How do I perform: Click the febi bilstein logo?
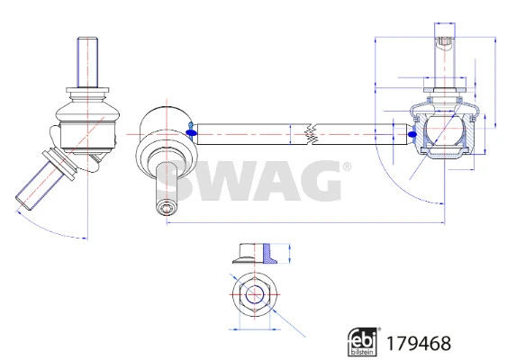(x=363, y=342)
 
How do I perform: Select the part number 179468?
(x=419, y=343)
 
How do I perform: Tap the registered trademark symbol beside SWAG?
(x=347, y=166)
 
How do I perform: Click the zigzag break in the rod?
(x=312, y=134)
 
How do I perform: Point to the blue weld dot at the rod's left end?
(x=191, y=132)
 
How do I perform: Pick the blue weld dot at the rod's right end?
(x=412, y=134)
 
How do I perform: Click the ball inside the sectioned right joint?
(x=445, y=130)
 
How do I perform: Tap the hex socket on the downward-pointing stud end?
(x=167, y=208)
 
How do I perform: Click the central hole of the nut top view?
(x=255, y=294)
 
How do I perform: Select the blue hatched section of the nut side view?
(x=268, y=254)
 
